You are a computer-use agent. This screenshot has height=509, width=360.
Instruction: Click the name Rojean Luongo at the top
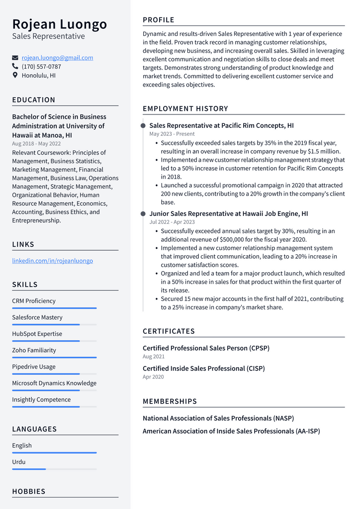coord(59,24)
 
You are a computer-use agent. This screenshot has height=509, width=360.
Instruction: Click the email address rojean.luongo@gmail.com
coord(57,58)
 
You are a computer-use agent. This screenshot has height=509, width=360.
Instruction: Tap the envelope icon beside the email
coord(15,58)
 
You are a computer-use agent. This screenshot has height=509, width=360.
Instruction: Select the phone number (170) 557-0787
coord(41,67)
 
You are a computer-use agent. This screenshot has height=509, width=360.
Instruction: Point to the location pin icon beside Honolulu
coord(15,76)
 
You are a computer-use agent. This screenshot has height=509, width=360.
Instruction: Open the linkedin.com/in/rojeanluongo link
coord(52,261)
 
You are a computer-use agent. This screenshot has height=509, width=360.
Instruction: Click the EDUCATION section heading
coord(34,100)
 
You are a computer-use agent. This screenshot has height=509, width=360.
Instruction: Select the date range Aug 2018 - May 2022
coord(36,144)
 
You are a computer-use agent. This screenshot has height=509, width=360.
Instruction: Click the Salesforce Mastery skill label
coord(37,317)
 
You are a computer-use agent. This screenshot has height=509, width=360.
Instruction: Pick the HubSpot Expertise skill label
coord(37,334)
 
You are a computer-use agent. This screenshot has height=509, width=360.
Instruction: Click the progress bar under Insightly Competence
coord(54,407)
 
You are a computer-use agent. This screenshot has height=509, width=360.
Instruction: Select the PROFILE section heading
coord(159,20)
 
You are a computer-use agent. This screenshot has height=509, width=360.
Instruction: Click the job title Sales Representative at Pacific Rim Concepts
coord(221,125)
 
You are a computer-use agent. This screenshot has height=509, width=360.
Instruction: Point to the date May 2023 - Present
coord(172,134)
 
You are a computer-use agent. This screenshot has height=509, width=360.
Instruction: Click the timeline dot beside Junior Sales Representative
coord(143,214)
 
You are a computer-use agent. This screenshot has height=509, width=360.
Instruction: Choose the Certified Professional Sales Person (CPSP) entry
coord(206,348)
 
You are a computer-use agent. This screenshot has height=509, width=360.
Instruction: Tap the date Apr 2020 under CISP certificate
coord(153,377)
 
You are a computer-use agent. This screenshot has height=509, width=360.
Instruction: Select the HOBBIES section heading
coord(29,492)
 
